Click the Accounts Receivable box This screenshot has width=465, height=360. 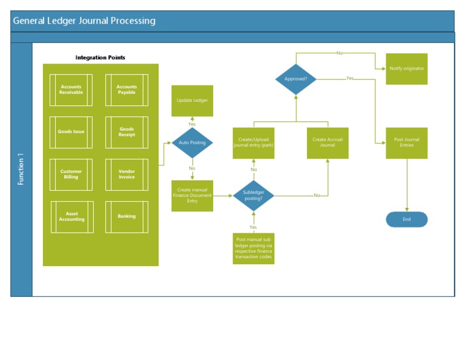[x=71, y=90]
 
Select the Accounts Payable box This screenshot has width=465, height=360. [x=127, y=90]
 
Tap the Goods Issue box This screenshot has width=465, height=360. [x=71, y=132]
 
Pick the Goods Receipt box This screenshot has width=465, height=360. [x=127, y=132]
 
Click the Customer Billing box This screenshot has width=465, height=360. [x=71, y=175]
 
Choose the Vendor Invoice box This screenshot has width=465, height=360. [x=127, y=175]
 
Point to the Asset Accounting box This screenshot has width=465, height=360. [x=72, y=217]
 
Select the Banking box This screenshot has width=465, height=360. [x=127, y=217]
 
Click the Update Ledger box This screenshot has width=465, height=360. [x=192, y=101]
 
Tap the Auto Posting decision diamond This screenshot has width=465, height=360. [x=192, y=143]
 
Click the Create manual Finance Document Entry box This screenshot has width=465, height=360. [x=192, y=195]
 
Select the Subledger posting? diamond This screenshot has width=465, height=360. [x=254, y=195]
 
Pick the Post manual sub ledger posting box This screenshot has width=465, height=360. [x=254, y=248]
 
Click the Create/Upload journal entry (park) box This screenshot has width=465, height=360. [x=254, y=143]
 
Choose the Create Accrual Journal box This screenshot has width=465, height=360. [x=328, y=143]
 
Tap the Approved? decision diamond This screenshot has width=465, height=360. [x=296, y=79]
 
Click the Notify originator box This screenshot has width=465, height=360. [x=407, y=69]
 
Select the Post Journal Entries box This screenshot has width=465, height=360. [x=407, y=143]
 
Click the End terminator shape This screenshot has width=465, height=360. [x=407, y=219]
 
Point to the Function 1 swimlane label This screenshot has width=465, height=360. [x=21, y=170]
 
